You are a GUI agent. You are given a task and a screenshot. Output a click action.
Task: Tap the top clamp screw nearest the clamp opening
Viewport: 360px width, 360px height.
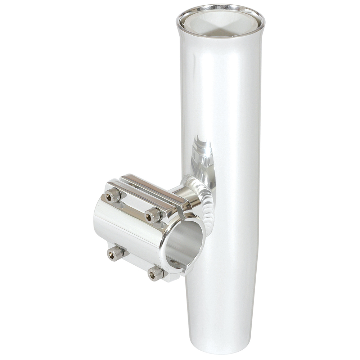pos(153,215)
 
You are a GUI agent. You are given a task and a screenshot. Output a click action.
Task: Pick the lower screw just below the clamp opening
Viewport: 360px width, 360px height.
pos(156,274)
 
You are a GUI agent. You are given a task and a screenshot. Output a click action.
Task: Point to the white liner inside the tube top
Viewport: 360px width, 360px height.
pos(220,23)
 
